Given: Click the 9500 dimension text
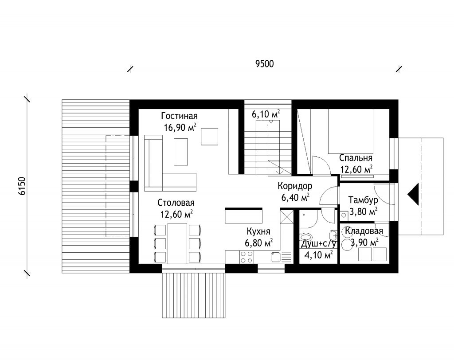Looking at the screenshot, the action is coord(264,64).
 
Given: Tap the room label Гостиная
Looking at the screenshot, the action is coord(179,116).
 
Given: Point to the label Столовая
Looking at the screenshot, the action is coord(176,203).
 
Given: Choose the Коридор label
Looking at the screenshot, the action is coord(295,186).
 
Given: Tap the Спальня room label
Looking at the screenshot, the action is coord(356,158).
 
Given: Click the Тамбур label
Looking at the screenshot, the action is coord(363,200).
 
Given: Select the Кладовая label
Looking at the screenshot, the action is coord(364,231).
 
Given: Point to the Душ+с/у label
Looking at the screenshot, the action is coord(318,244).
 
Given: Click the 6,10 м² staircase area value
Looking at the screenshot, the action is coord(266,114).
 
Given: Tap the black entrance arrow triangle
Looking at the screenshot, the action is coord(413,194).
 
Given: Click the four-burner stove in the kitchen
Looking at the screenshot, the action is coord(247,257).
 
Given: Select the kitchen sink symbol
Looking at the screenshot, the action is coord(276,257).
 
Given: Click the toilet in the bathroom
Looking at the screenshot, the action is coord(306,238).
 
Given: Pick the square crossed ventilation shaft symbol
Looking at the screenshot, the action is coord(287,217).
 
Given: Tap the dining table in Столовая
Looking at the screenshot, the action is coord(177,243).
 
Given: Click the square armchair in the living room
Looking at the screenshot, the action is coord(210,137).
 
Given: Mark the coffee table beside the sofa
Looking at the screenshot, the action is coord(181,152).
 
